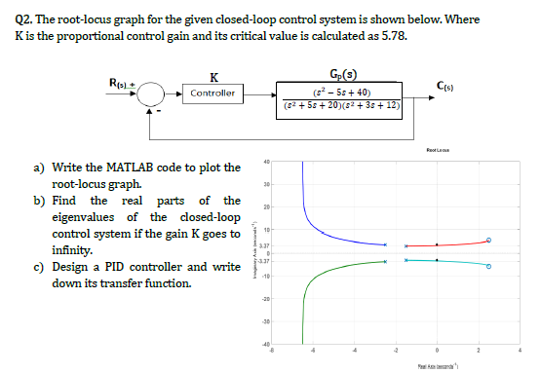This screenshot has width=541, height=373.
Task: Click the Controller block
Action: (213, 93)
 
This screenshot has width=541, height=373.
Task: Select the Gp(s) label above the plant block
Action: (342, 74)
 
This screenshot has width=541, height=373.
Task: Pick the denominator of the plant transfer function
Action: (342, 104)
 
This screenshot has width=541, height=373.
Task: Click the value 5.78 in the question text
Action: (393, 38)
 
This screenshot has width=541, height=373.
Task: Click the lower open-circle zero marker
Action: (489, 265)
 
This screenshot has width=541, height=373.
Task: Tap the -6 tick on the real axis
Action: (273, 350)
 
